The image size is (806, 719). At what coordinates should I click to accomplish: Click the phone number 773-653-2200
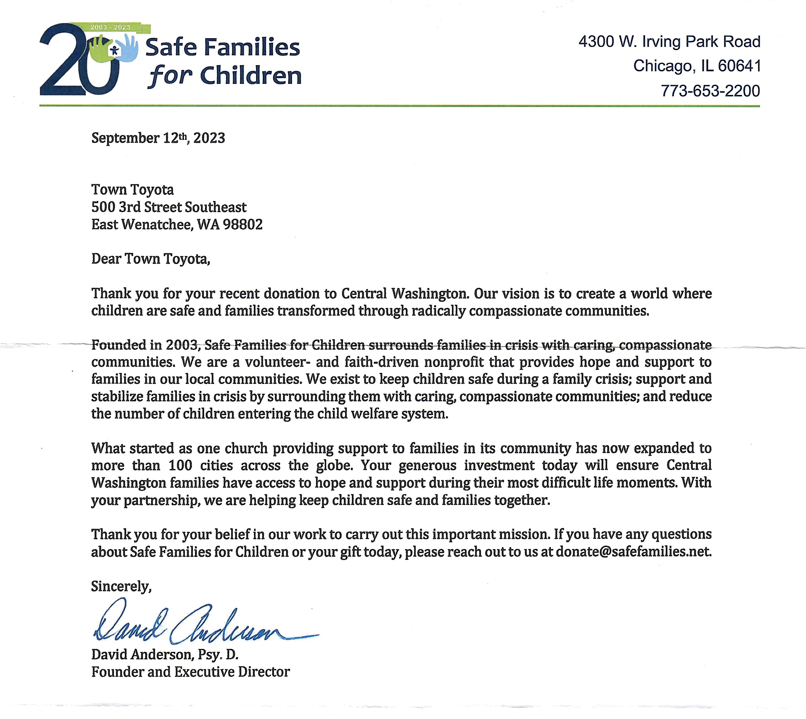710,91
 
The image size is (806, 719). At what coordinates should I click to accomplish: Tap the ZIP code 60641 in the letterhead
739,66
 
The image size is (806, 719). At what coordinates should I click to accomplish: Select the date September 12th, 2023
158,138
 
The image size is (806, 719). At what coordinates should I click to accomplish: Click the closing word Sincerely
121,586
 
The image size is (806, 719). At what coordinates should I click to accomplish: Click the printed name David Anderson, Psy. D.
165,654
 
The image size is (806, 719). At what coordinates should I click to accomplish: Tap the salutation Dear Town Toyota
150,259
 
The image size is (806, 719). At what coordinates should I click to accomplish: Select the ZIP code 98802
243,224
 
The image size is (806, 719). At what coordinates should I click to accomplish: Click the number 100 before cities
180,465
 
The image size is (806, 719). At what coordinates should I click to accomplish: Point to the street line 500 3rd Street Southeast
169,207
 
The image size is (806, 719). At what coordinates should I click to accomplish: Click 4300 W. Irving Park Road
669,41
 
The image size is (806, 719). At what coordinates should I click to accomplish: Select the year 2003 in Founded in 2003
182,345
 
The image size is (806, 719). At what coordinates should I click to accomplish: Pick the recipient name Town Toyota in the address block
132,190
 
